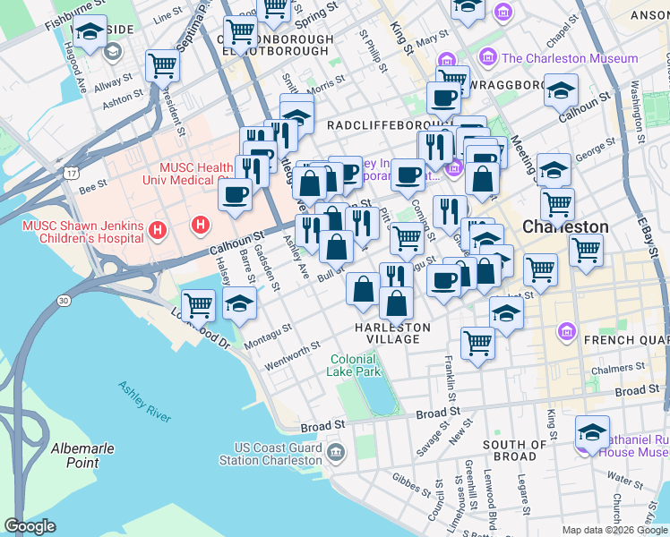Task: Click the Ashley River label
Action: (x=144, y=400)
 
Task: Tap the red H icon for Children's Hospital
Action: (x=159, y=232)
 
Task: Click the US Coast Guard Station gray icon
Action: (x=335, y=454)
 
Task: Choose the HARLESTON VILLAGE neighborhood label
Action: (x=392, y=333)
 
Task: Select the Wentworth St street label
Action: (x=293, y=356)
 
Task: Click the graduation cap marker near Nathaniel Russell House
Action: (x=592, y=431)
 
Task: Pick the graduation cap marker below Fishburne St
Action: (x=90, y=31)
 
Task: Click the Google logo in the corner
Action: (x=30, y=526)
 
